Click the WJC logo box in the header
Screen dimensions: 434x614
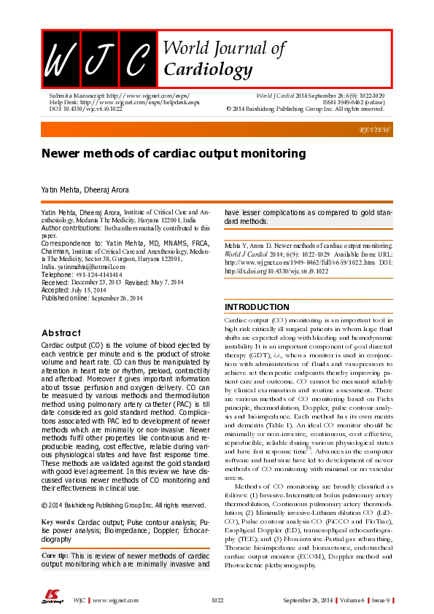99,58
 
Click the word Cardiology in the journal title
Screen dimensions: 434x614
208,70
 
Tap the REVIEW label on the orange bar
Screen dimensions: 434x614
376,129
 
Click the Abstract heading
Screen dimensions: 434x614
61,333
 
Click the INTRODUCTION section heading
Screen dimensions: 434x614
257,307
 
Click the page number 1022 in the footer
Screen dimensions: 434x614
217,599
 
